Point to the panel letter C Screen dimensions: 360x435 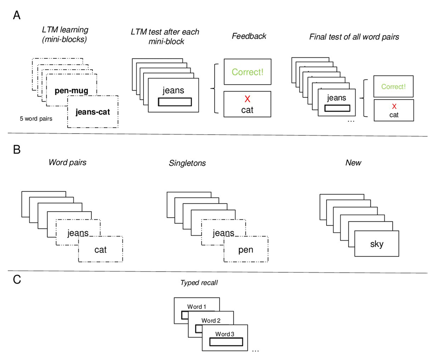[x=17, y=281]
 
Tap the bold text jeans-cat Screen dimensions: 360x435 [x=92, y=112]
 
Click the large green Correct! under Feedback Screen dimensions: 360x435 [x=247, y=72]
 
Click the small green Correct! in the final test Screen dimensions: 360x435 [x=393, y=87]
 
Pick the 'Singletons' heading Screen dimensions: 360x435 [x=187, y=163]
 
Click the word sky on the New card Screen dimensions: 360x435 [x=377, y=244]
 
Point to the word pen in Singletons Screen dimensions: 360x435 [x=246, y=250]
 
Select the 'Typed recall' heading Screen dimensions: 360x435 [x=199, y=282]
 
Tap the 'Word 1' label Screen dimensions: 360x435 [x=197, y=307]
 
